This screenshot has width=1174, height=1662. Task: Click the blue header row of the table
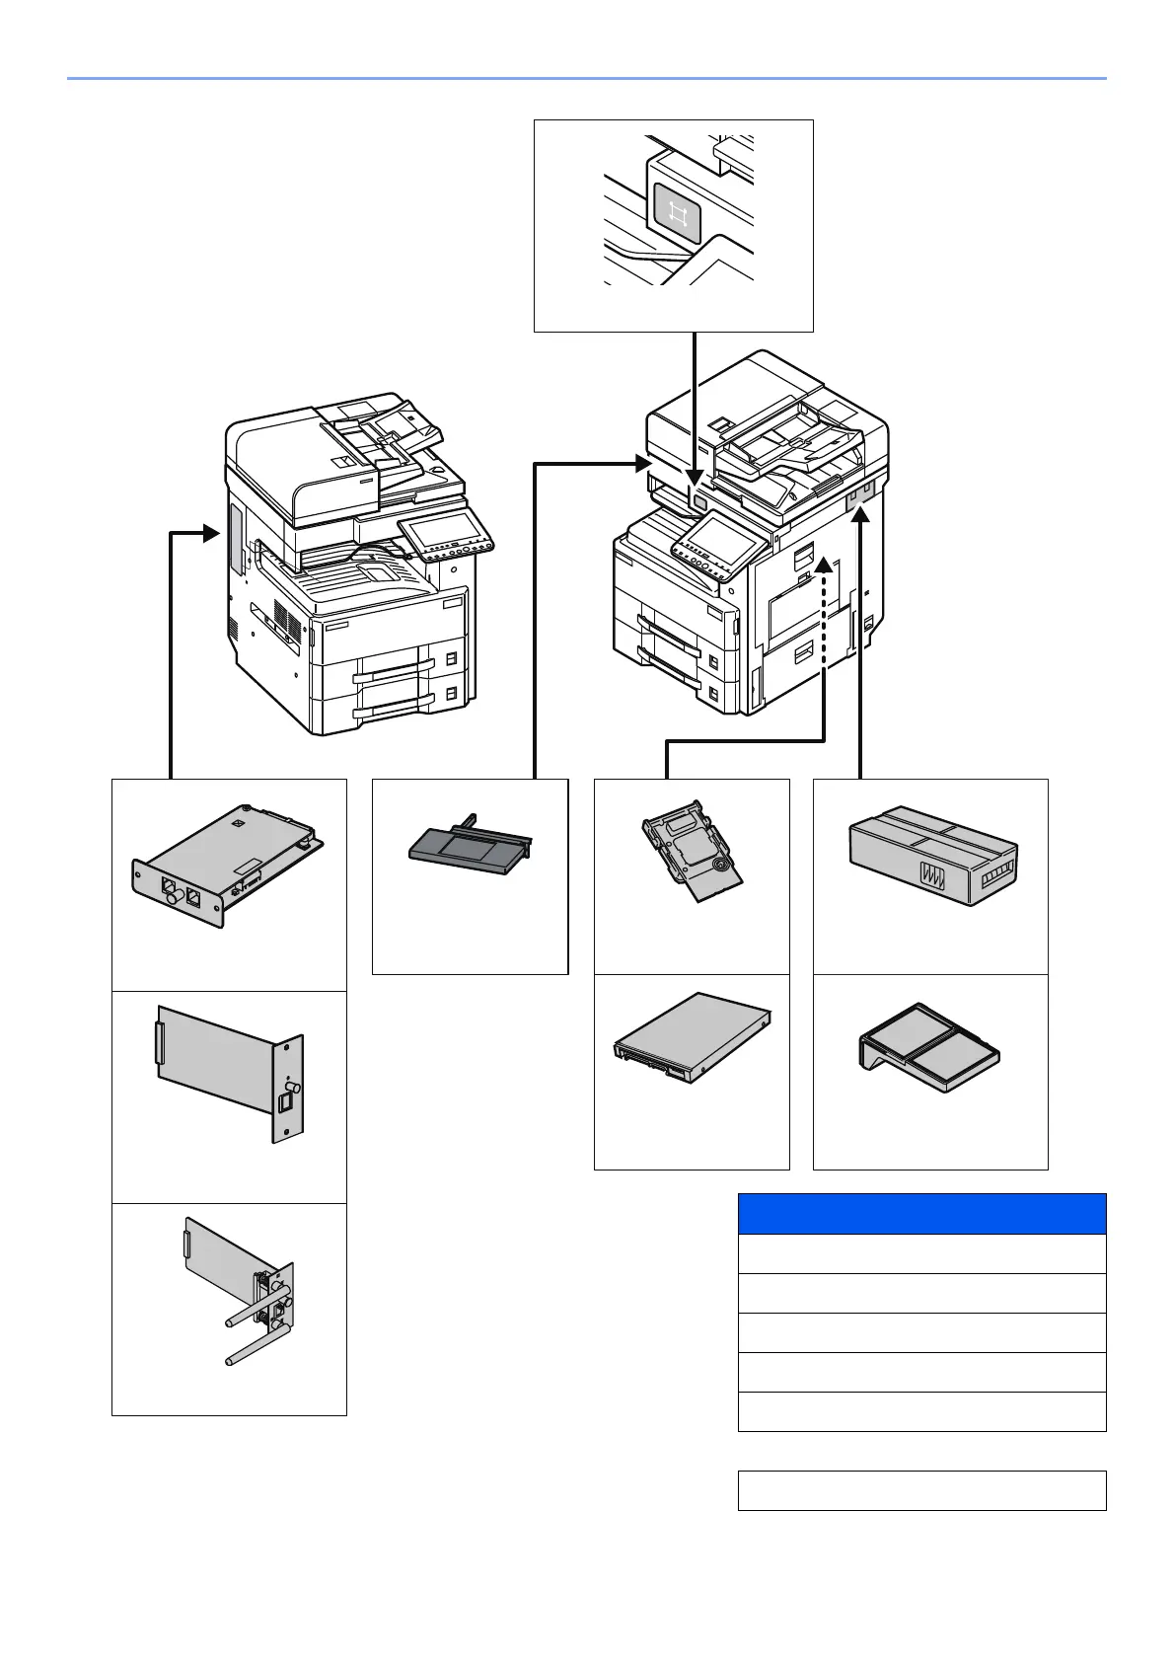(x=921, y=1213)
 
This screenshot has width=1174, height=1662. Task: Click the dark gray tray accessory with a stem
(x=470, y=845)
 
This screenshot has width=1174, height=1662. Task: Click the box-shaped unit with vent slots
(x=932, y=853)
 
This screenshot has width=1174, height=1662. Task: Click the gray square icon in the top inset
(x=676, y=212)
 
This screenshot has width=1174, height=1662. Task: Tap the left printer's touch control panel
(x=443, y=537)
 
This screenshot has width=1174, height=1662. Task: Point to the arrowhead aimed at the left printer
(x=210, y=534)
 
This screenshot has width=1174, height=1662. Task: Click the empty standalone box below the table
(x=921, y=1490)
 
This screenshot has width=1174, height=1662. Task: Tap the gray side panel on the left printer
(x=237, y=540)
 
